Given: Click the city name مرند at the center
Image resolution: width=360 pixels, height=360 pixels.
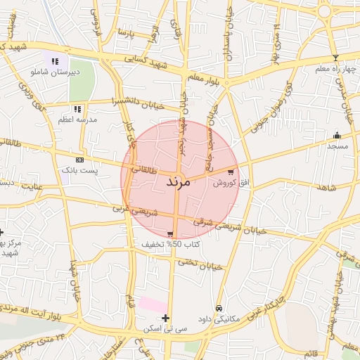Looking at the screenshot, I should [178, 181].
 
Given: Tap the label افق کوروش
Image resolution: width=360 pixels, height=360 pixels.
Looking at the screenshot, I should [227, 182].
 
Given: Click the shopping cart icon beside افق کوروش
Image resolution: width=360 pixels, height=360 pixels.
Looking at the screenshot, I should [231, 172].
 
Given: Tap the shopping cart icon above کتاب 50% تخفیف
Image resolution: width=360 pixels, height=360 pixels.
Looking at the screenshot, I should [170, 234].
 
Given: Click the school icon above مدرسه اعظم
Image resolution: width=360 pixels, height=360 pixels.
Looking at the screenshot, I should [77, 110].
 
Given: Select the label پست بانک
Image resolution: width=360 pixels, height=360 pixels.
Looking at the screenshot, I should [79, 170].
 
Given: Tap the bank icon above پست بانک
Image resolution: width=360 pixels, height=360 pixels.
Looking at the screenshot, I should [79, 160].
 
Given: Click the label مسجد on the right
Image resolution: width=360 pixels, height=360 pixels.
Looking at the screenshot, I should [337, 146].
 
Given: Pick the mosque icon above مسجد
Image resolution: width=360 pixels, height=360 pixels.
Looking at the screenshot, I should [337, 136].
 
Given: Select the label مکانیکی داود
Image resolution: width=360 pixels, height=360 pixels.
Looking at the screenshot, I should [219, 319].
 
